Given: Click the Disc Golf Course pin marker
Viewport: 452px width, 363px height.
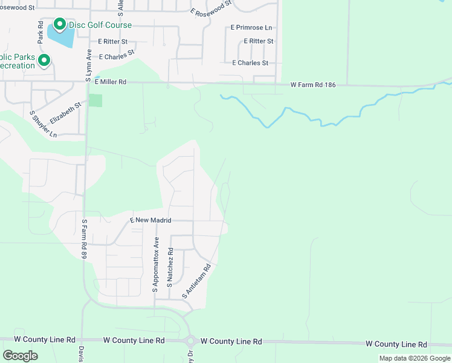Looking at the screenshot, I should coord(59,24).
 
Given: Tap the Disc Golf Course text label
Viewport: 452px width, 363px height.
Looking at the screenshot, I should coord(100,25).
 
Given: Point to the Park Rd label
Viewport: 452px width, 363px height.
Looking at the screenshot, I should coord(40,33).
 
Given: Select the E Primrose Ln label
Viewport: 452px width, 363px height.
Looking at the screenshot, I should coord(251,28).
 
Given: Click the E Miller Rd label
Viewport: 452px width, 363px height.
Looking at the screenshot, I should coord(110,82).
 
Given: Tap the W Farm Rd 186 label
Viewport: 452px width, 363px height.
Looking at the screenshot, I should coord(312,85).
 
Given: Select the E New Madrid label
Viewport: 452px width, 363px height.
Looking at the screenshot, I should coord(151,221).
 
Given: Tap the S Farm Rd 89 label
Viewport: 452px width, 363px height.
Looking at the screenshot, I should coord(85,240).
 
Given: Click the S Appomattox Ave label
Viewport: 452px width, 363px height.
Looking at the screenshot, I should coord(155,268).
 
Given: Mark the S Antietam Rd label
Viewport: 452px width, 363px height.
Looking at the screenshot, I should coord(197,281).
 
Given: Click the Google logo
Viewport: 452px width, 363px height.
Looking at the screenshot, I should coord(20,356).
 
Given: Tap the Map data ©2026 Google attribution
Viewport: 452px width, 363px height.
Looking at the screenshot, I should coord(415,358).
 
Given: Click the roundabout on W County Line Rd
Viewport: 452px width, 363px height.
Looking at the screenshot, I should coord(191,341).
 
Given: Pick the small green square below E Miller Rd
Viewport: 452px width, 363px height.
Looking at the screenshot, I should coord(95,100).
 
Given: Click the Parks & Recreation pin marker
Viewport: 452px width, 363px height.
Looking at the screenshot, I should coord(44,60).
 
